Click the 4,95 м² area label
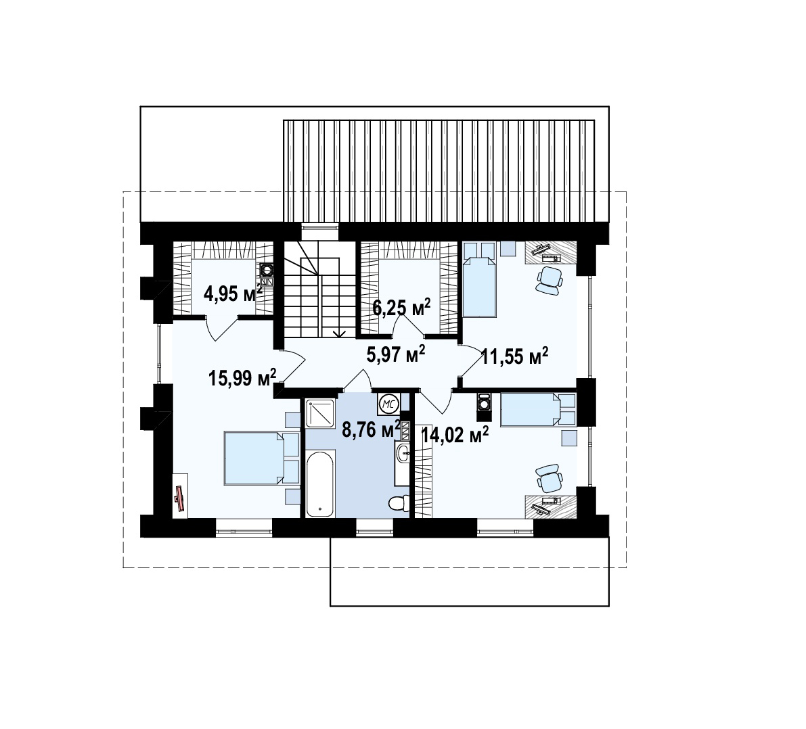pos(233,293)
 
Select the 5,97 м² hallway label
pos(396,354)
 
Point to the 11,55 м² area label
pos(514,356)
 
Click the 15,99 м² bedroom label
pos(243,377)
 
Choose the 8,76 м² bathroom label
pos(372,429)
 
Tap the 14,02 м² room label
pos(455,435)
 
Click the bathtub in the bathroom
pos(321,484)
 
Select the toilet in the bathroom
pos(399,503)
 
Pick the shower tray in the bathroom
pos(320,413)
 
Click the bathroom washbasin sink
pos(403,452)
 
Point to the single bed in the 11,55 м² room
pos(479,280)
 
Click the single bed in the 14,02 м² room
pos(538,409)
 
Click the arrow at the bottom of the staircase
pos(339,334)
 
